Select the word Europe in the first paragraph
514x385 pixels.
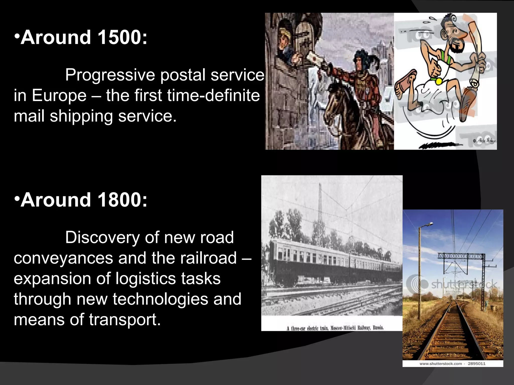(x=59, y=96)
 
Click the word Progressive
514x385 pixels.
(x=110, y=75)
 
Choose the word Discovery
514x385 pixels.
(x=102, y=238)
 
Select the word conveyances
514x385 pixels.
(x=63, y=258)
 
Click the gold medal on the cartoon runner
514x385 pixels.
(x=439, y=81)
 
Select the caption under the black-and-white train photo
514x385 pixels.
(x=335, y=328)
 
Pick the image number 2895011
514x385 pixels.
(x=477, y=363)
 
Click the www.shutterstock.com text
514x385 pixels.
(x=440, y=363)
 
